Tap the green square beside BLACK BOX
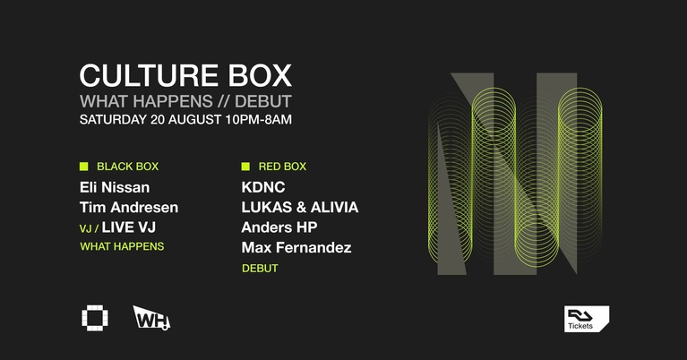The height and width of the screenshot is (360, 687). pos(84,166)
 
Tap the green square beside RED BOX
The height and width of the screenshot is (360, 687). pos(245,166)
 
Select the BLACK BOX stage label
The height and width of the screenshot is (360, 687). pos(127,167)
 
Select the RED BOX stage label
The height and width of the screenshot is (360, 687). pos(282,167)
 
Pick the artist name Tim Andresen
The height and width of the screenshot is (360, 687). pos(129,208)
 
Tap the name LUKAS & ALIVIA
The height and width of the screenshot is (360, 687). pos(299,208)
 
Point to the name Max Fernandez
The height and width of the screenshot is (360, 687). pos(296,247)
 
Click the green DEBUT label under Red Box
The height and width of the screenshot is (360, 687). pos(260,268)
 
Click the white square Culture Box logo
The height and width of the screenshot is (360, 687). pos(93,317)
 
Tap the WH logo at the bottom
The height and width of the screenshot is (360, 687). pos(150,317)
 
